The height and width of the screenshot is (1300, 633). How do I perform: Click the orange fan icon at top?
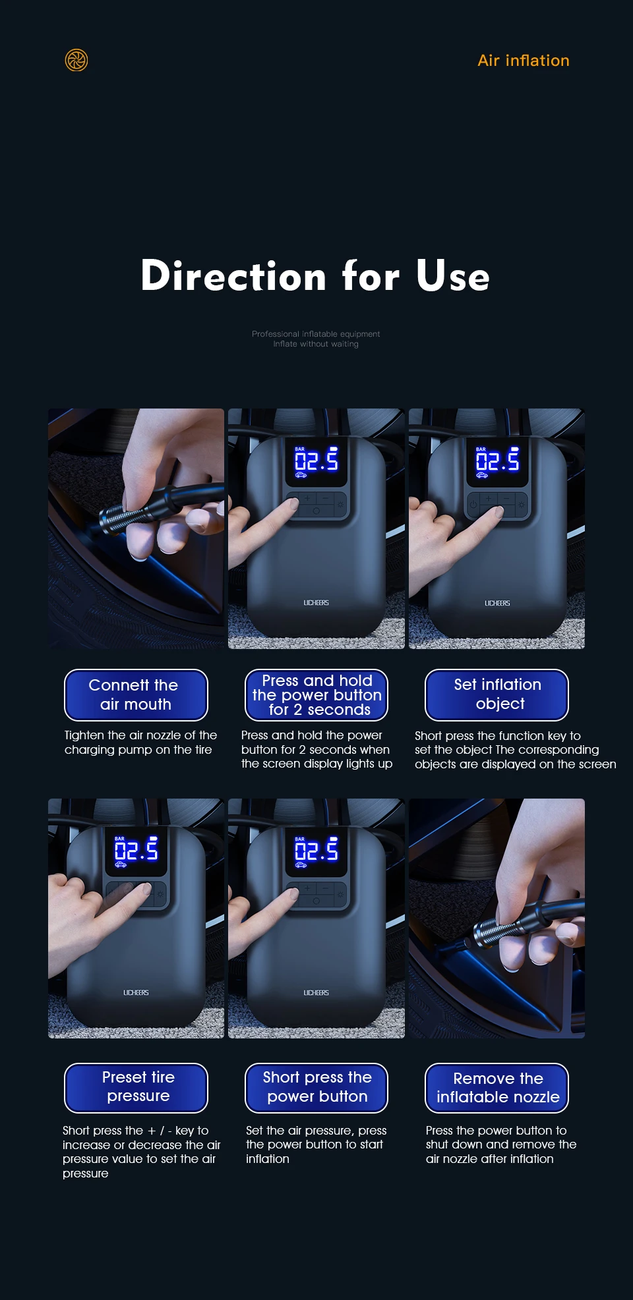(x=76, y=60)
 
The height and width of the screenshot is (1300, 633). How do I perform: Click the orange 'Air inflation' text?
(x=524, y=61)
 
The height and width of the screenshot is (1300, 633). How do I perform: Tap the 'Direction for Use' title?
(x=315, y=275)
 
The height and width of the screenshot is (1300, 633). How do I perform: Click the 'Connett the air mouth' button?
(x=136, y=695)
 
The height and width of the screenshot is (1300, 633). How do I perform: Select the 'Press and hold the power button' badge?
(x=316, y=695)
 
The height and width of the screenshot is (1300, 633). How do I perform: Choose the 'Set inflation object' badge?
(x=497, y=695)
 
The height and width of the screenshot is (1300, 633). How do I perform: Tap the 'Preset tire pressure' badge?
(x=136, y=1088)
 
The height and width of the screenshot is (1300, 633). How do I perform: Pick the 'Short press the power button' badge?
(x=316, y=1088)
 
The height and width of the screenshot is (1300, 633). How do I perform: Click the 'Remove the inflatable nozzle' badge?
(x=497, y=1088)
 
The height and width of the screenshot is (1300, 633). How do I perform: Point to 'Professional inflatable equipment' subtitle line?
(x=316, y=334)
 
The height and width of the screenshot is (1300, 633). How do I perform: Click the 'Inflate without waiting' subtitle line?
(x=316, y=344)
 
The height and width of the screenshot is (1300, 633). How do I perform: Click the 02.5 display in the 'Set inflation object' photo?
(x=497, y=461)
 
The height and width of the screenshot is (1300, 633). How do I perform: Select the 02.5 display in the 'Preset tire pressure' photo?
(x=136, y=851)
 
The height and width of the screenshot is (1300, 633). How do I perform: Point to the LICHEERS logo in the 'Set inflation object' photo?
(x=497, y=603)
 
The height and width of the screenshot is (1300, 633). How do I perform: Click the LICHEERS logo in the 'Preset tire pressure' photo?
(x=136, y=992)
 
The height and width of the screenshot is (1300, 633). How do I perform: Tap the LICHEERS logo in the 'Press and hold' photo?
(x=316, y=603)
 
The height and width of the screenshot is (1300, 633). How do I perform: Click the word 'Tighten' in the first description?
(x=84, y=736)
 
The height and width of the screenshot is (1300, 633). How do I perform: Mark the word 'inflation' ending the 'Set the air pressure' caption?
(x=267, y=1158)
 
